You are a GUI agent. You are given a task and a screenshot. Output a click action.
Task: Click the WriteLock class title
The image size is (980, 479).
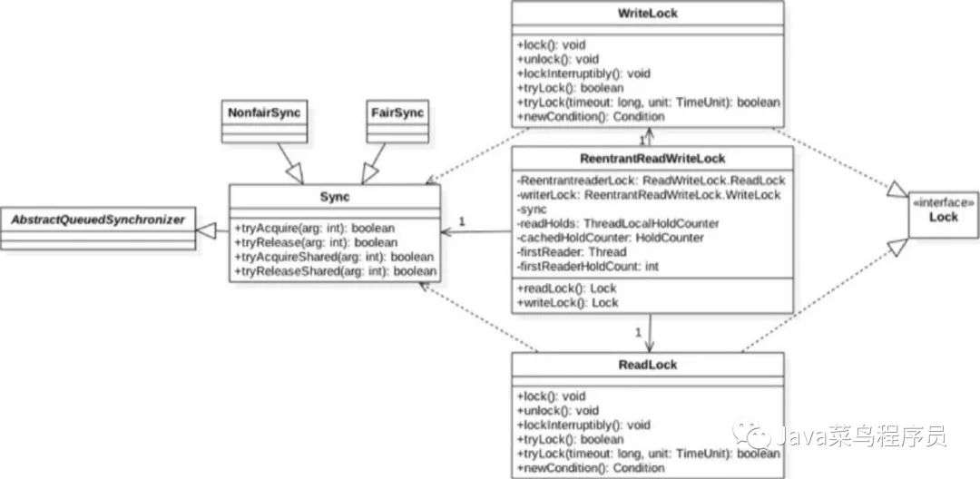coord(648,12)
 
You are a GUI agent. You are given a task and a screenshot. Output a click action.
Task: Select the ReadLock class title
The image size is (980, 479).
coord(648,364)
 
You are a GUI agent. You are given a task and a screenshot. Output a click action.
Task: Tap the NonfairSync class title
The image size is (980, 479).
coord(264,113)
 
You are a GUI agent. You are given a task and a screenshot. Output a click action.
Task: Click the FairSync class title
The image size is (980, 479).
coord(397,113)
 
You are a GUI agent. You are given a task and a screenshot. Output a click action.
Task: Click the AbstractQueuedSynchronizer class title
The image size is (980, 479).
coord(97,220)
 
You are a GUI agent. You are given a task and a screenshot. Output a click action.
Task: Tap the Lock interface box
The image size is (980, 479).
coord(943,214)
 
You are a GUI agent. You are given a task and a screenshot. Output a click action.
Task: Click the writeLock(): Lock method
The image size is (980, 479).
coord(568,303)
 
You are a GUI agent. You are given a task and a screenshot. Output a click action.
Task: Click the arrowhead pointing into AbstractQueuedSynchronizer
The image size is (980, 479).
coord(204,231)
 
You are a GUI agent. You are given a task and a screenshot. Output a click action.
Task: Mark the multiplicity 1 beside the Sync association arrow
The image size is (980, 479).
coord(462,220)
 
